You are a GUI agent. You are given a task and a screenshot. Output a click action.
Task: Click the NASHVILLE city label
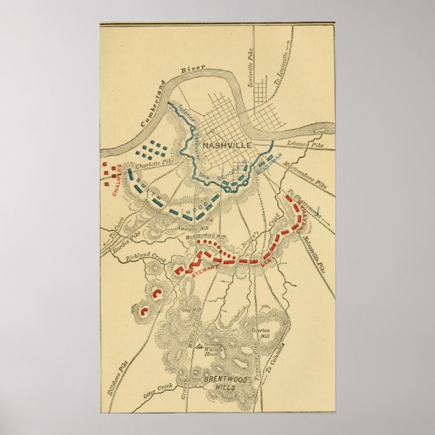click(216, 145)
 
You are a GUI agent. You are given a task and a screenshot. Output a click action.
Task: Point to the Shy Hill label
click(188, 310)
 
